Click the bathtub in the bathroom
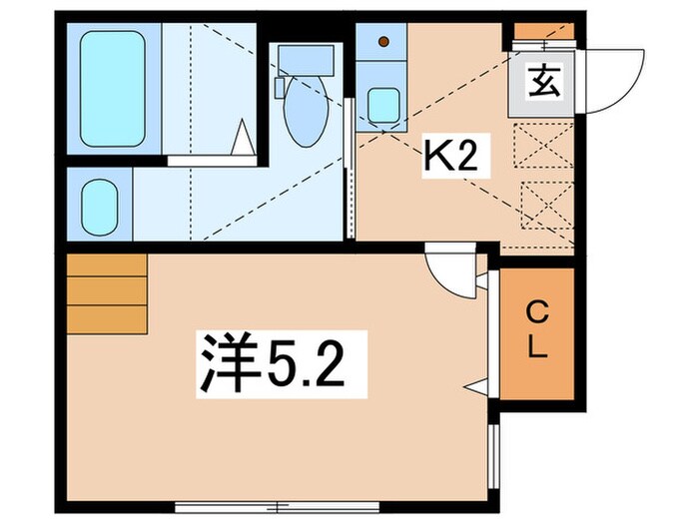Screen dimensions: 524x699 coord(113,87)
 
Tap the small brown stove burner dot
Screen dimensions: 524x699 coord(385,43)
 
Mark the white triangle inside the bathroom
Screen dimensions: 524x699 coord(243,138)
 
